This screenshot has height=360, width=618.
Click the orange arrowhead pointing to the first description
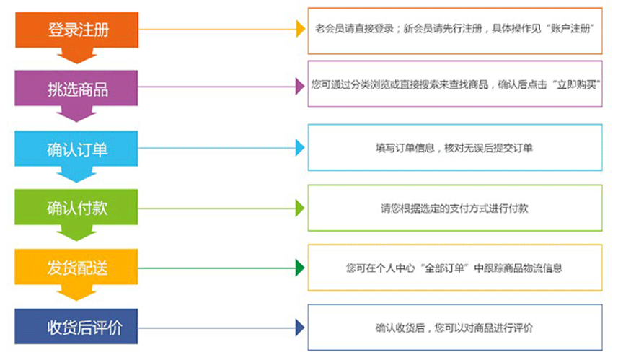click(x=300, y=30)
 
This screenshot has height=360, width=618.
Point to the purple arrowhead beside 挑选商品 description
click(x=300, y=87)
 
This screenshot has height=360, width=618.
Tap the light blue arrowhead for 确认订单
click(x=300, y=148)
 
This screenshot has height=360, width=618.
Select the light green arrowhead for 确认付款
click(x=300, y=208)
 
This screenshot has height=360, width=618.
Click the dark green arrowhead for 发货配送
click(x=300, y=268)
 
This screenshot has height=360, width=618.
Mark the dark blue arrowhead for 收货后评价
click(x=300, y=328)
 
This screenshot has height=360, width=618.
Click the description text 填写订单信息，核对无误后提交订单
click(x=454, y=148)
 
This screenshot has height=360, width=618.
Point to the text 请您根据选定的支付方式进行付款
click(x=454, y=208)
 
